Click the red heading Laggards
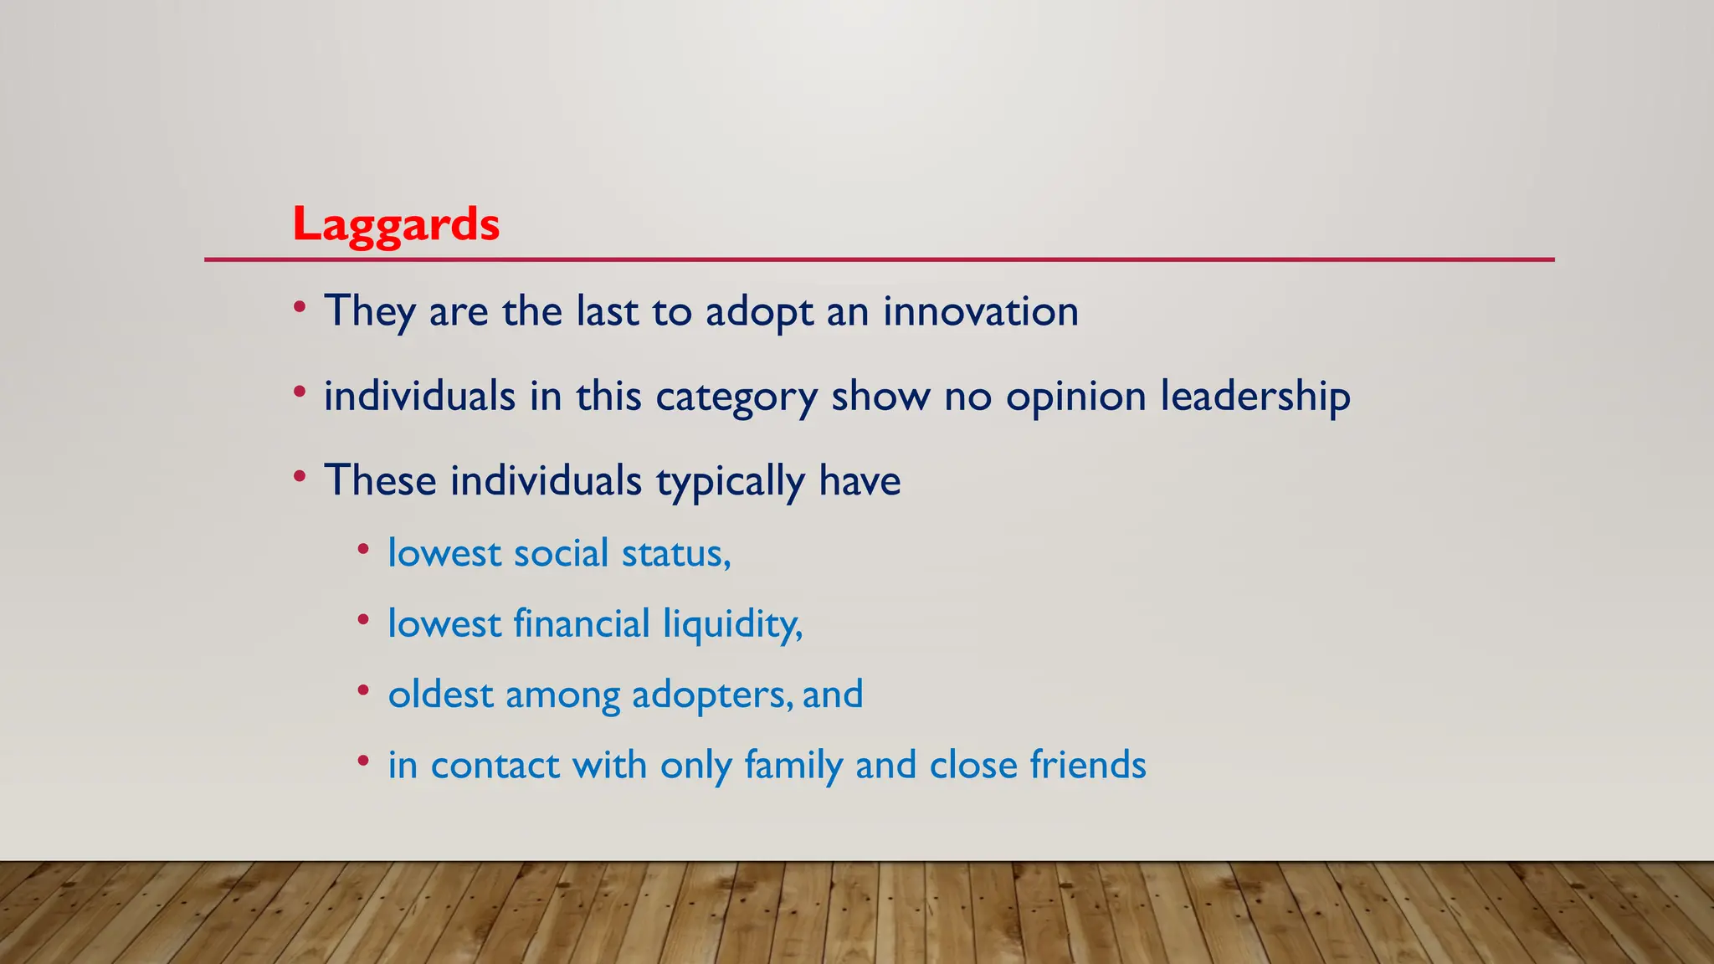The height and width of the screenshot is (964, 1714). pos(396,225)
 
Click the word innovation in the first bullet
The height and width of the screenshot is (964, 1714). pos(980,311)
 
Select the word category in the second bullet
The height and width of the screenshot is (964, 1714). pos(736,397)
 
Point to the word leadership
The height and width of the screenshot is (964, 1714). pos(1255,397)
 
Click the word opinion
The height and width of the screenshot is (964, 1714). pos(1075,397)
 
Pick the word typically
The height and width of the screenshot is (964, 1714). pos(729,482)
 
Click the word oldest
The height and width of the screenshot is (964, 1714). pos(440,695)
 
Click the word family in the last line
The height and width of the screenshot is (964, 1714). pos(793,766)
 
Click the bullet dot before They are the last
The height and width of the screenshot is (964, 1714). pos(300,307)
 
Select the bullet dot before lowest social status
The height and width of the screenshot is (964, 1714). pos(362,550)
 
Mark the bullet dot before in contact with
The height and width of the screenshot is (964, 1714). pos(362,761)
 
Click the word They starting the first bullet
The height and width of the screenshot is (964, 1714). pos(369,311)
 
